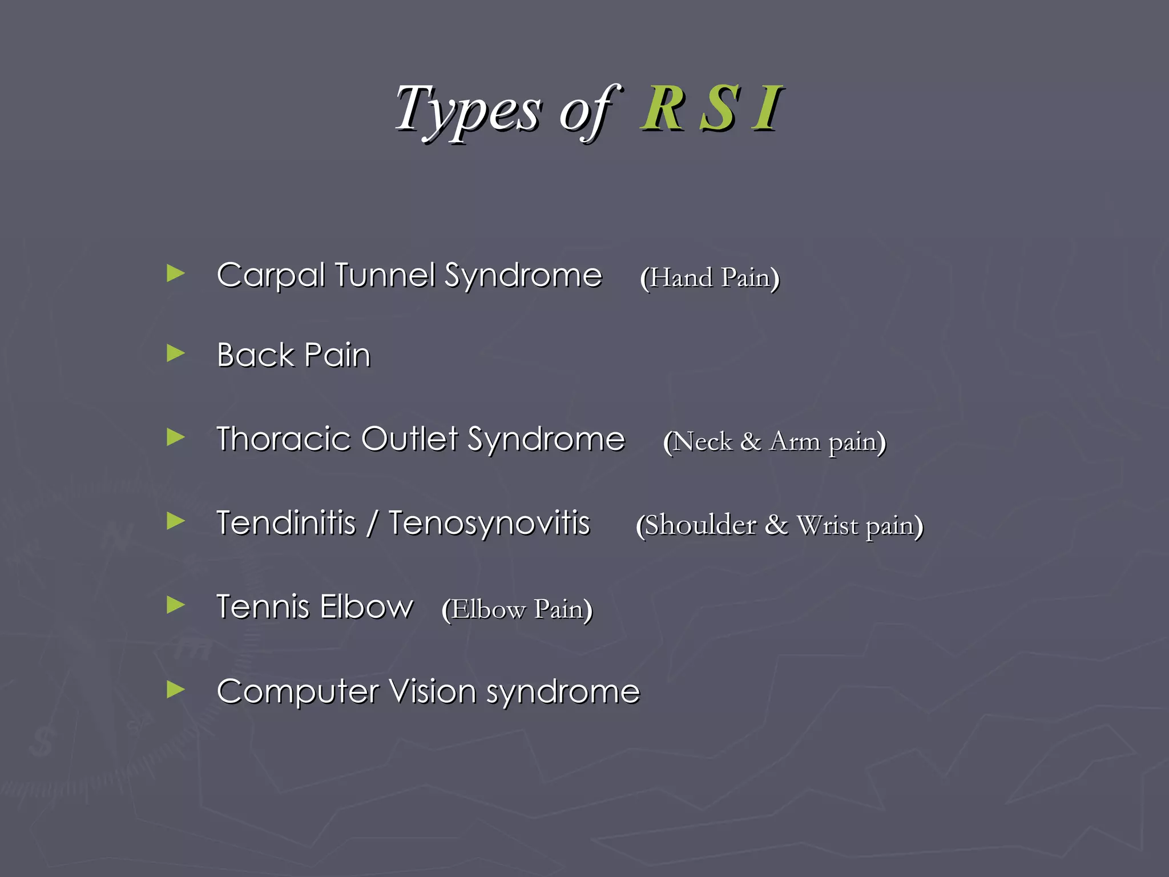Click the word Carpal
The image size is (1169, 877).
point(271,276)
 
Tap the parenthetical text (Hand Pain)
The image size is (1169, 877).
point(710,278)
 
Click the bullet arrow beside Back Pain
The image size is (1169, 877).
point(175,353)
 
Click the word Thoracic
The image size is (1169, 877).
point(283,439)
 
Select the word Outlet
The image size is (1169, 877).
point(409,439)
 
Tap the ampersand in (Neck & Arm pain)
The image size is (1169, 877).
point(750,442)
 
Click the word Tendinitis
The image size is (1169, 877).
point(286,523)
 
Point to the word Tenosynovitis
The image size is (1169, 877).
point(489,523)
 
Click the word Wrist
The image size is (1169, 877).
point(827,525)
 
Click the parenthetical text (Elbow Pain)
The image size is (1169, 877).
point(517,609)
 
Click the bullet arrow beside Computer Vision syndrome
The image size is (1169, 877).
point(175,690)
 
